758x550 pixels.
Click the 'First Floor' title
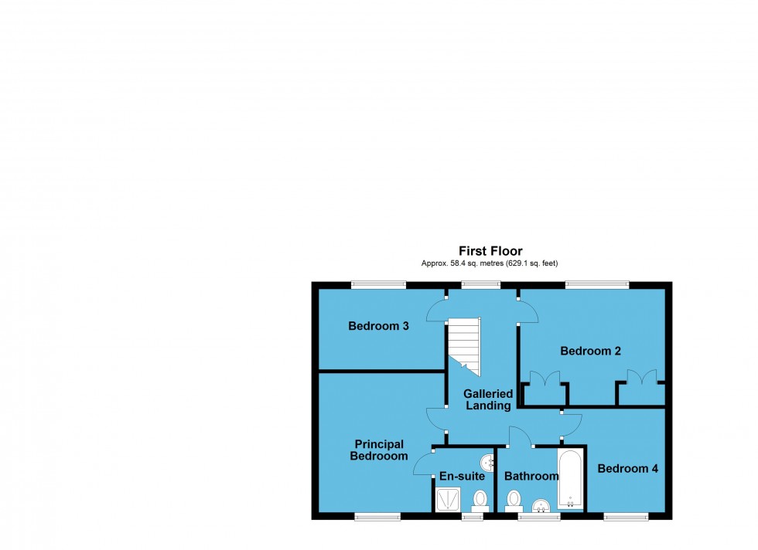490,251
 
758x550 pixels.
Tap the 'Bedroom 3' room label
378,326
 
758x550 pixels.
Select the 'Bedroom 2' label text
591,351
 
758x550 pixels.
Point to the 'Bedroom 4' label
627,468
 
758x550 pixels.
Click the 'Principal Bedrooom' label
379,450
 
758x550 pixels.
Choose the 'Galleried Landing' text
488,399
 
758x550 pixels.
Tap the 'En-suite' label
462,477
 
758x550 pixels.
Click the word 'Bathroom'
531,477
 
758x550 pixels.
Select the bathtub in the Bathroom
571,478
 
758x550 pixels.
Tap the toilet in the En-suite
480,499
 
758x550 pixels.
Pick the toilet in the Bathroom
513,501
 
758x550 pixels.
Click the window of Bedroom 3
377,283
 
